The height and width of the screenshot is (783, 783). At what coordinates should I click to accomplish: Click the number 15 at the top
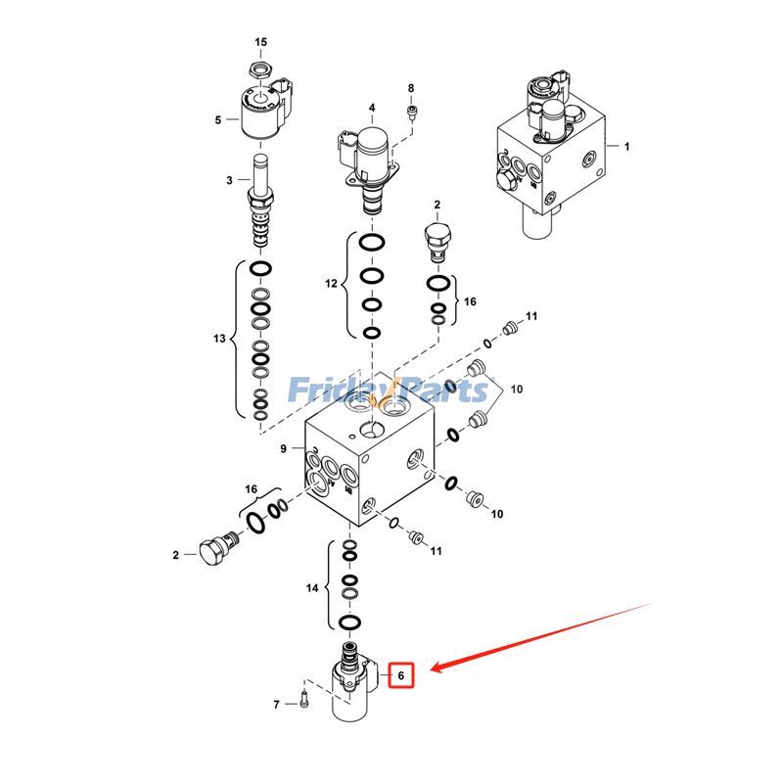pos(260,42)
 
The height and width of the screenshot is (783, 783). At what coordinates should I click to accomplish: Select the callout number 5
pos(218,120)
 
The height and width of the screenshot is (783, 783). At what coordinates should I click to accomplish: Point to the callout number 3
pos(230,180)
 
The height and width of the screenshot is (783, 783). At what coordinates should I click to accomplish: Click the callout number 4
pos(372,107)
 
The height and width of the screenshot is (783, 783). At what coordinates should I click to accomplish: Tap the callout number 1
pos(627,146)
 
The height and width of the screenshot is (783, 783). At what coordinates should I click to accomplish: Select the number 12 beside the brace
pos(331,283)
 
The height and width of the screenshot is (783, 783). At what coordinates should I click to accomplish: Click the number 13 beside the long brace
pos(219,339)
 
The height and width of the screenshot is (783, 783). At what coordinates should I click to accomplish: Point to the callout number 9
pos(284,449)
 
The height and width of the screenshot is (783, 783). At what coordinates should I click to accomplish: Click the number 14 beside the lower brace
pos(312,588)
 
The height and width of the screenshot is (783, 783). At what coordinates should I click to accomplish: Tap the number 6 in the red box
pos(400,674)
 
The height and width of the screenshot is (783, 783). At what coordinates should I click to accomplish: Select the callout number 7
pos(277,704)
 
